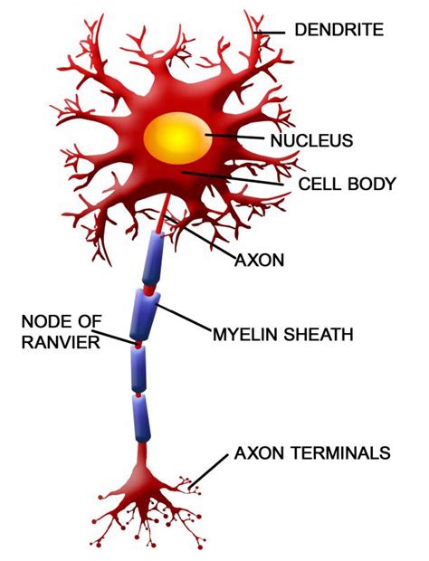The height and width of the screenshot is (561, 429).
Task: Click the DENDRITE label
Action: (338, 30)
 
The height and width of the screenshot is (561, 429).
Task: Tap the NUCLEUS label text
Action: (310, 140)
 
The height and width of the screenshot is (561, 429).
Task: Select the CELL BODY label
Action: (347, 185)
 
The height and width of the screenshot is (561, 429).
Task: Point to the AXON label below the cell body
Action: (260, 260)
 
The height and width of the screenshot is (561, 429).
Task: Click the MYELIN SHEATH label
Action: (282, 334)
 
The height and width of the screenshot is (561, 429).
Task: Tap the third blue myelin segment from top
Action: (138, 369)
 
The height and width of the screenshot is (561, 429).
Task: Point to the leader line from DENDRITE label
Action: (272, 32)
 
